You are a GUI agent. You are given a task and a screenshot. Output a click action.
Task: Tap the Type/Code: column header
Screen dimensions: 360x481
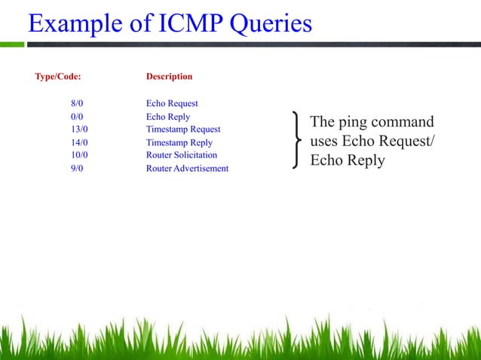click(x=58, y=77)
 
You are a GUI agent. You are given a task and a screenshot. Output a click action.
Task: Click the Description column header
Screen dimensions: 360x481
click(x=169, y=77)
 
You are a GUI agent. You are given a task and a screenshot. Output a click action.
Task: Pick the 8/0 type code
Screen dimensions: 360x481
click(x=77, y=103)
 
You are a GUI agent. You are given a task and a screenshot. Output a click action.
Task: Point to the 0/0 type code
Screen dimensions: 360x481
click(x=77, y=117)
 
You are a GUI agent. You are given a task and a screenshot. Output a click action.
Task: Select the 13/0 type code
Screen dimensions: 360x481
click(x=79, y=130)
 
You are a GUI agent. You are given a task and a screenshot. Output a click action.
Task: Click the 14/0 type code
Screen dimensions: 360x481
click(x=79, y=142)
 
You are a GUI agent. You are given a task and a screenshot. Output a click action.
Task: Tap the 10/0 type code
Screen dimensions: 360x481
click(x=79, y=155)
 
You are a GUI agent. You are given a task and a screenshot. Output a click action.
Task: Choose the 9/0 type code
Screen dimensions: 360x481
click(x=77, y=169)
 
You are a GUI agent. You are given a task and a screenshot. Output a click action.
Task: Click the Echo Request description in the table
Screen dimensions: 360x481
click(x=172, y=103)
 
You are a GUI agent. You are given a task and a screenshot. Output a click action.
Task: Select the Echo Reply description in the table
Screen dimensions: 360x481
click(x=167, y=117)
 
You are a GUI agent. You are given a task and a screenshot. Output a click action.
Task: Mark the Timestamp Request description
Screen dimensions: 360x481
click(x=183, y=130)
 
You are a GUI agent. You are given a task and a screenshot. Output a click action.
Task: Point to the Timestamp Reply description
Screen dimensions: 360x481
click(x=179, y=142)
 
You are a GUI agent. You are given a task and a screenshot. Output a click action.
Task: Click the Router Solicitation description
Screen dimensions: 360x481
click(x=181, y=155)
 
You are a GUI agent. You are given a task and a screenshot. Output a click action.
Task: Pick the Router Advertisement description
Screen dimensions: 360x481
click(x=187, y=169)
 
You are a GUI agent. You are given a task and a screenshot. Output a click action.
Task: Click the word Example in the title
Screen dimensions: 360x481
click(x=74, y=24)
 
